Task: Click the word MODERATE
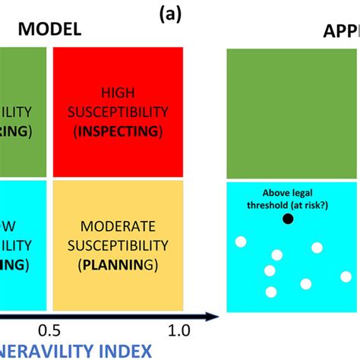point(118,226)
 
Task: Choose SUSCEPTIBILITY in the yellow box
point(118,245)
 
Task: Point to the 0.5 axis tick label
point(49,330)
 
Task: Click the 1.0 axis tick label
point(178,330)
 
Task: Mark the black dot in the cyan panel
point(288,219)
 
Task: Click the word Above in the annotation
point(278,193)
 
